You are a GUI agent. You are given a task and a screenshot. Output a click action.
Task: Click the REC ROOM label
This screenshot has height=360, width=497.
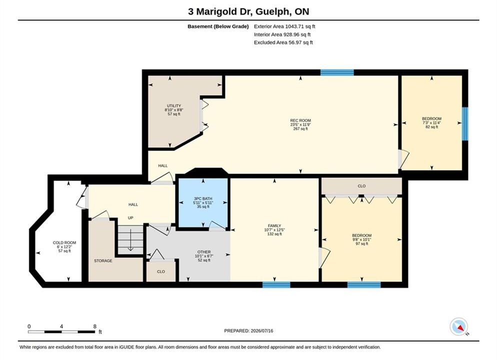pos(300,120)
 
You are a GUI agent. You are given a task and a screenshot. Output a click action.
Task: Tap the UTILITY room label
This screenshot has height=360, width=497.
pos(173,106)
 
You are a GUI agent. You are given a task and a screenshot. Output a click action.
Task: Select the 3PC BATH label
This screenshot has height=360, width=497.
pos(203,198)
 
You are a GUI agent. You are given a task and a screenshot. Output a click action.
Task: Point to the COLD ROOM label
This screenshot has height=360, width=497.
pos(64,242)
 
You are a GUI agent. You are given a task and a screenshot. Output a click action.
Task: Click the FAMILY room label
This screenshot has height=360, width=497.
pos(274,226)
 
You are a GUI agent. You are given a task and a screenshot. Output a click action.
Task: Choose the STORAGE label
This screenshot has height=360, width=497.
pos(103,261)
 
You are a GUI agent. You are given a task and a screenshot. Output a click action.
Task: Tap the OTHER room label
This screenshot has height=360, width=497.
pos(204,252)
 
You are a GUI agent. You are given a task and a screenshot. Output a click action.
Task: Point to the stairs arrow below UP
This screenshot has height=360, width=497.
pos(130,239)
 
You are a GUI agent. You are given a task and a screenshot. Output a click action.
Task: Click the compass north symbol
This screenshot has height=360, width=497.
pos(459,326)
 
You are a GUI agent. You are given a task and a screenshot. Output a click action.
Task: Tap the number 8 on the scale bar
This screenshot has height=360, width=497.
pos(95,326)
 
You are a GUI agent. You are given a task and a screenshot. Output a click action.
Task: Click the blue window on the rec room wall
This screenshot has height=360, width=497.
pos(337,72)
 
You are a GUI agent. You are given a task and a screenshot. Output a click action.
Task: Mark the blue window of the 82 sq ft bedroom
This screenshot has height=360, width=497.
pos(465,123)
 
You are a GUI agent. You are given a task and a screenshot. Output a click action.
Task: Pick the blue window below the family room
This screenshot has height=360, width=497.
pos(276,284)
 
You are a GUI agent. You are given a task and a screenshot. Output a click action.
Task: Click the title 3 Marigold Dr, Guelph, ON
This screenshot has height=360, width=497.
pos(248,11)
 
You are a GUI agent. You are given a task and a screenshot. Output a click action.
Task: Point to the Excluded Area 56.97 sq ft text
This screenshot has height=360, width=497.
pos(283,42)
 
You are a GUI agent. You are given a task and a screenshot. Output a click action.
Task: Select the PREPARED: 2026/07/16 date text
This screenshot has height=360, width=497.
pos(248,331)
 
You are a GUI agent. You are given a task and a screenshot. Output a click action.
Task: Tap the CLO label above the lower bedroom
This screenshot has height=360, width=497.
pos(361,186)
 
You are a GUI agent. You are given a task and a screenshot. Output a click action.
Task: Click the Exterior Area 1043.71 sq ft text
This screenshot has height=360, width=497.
pos(284,26)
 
